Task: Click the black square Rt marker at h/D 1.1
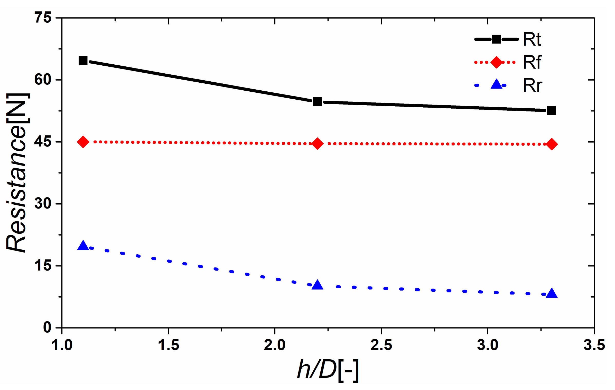click(83, 61)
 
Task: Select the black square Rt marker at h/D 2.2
click(317, 102)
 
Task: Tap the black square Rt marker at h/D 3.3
click(552, 111)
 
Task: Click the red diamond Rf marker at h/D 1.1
click(83, 142)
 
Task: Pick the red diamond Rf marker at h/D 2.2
click(317, 143)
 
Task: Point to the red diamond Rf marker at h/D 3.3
click(552, 144)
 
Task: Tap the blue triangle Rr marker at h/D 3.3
click(552, 294)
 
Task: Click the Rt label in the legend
click(532, 40)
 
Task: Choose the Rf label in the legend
click(532, 62)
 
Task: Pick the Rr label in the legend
click(533, 85)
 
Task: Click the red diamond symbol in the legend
click(496, 62)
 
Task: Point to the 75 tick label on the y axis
click(43, 18)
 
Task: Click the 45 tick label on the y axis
click(43, 142)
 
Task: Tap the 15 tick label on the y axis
click(43, 266)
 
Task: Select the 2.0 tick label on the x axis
click(275, 345)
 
